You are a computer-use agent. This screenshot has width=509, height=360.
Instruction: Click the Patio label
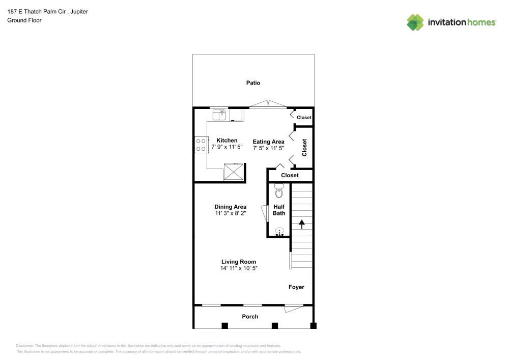point(253,83)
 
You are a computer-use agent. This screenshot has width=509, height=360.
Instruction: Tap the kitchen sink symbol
point(219,115)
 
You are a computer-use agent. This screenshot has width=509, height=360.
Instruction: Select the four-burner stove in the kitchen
point(201,145)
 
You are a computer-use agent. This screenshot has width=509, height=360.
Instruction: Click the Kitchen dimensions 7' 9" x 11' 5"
point(227,147)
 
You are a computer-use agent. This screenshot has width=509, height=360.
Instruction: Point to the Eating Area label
point(268,142)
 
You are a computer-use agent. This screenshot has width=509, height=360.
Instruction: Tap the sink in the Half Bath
point(279,232)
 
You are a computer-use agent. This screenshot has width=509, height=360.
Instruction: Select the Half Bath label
point(279,210)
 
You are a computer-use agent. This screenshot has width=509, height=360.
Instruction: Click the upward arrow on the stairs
point(301,223)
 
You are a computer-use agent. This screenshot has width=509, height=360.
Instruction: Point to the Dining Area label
point(230,207)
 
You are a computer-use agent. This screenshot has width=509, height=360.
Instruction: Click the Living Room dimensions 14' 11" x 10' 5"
point(239,268)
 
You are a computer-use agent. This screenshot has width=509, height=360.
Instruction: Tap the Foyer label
point(296,287)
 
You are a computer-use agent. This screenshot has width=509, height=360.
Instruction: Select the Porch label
point(250,317)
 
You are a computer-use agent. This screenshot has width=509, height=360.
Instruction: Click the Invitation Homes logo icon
point(415,22)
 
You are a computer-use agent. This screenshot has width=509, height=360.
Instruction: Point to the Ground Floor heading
point(24,20)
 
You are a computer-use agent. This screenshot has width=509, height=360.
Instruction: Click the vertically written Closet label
point(304,147)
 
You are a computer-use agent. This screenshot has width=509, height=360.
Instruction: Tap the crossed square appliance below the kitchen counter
point(235,172)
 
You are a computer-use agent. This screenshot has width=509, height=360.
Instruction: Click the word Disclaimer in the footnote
point(24,345)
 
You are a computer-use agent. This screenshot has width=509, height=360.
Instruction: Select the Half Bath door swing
point(263,213)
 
